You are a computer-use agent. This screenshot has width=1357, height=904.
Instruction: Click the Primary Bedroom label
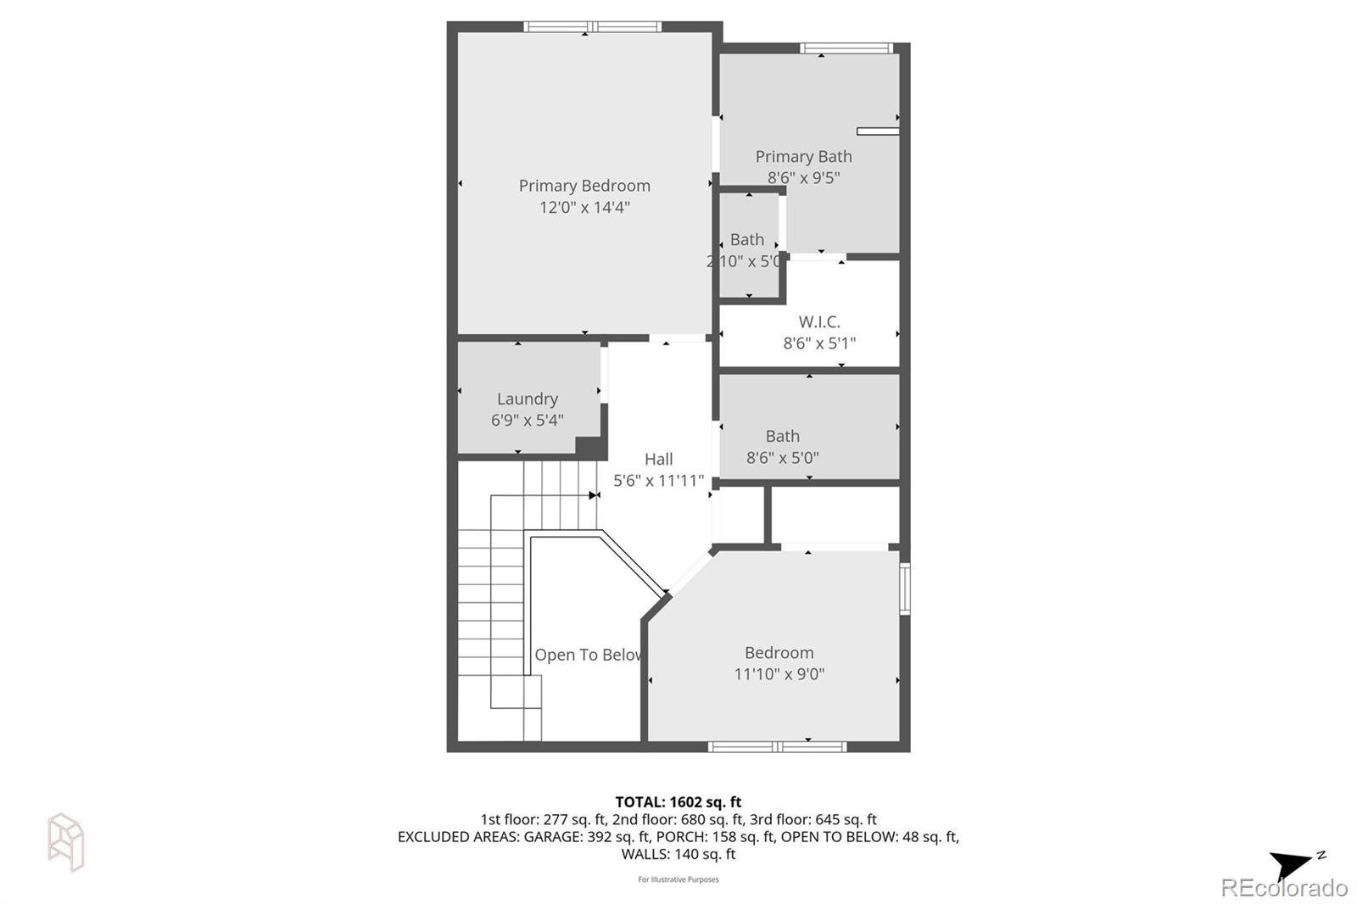point(584,186)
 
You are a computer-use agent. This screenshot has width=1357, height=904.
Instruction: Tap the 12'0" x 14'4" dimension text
point(584,208)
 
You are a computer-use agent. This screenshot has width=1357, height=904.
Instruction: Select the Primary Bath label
point(803,157)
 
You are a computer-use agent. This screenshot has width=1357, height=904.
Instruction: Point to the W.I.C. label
point(819,322)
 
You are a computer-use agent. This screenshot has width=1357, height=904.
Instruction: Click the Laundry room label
point(527,399)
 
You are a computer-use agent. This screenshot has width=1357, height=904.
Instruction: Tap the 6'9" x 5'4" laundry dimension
point(527,420)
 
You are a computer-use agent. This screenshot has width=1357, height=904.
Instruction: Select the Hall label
point(658,459)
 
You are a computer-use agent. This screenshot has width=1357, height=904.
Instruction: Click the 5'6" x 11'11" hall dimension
point(658,481)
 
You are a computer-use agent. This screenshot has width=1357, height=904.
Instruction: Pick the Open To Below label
point(587,655)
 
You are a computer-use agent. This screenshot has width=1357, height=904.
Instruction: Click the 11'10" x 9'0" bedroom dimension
point(779,674)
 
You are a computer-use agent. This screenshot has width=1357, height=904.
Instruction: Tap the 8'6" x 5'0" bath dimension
point(782,458)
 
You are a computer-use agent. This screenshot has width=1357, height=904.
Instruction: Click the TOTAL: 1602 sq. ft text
point(678,801)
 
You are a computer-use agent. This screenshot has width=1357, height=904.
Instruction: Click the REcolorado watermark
point(1283,888)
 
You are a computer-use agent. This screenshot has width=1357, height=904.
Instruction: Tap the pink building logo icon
point(65,841)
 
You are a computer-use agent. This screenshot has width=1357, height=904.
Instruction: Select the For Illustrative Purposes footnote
point(678,879)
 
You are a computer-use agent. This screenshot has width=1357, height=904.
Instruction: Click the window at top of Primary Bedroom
point(592,27)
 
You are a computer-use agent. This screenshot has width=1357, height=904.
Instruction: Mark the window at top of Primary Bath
point(846,48)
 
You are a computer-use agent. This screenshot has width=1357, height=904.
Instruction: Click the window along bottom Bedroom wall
point(777,746)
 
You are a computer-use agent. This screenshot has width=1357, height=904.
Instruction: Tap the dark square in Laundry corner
point(589,447)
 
